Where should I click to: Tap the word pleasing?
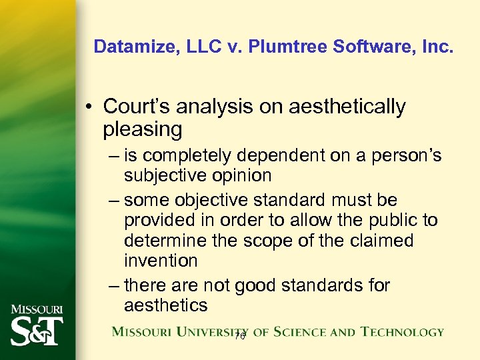(143, 129)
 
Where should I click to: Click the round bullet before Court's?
(91, 107)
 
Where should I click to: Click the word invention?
(161, 260)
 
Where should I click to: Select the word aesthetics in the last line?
(165, 305)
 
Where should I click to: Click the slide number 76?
(240, 337)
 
